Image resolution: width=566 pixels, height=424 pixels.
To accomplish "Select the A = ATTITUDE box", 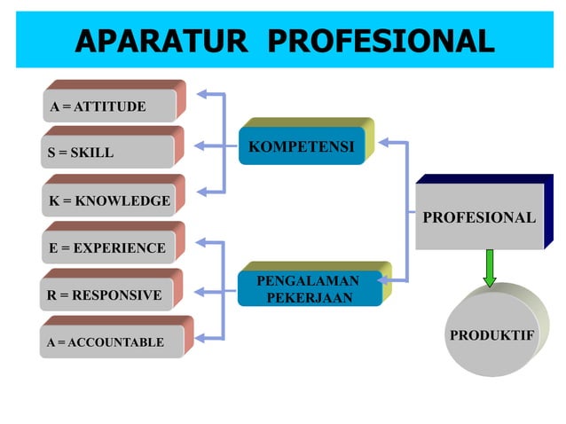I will (x=106, y=106).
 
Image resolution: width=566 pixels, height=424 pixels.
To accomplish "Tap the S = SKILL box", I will (x=106, y=153).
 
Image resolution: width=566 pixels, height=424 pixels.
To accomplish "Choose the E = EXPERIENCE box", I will (x=106, y=247).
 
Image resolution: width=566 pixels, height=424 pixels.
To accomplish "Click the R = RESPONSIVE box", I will (x=106, y=294).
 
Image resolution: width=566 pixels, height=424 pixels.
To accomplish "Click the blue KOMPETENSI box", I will (x=302, y=145).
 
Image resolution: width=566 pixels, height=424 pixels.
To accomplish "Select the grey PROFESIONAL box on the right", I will (x=479, y=217).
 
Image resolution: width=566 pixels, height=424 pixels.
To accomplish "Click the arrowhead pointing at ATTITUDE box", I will (x=202, y=92).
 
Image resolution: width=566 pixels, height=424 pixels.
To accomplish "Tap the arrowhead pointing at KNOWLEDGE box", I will (x=202, y=191).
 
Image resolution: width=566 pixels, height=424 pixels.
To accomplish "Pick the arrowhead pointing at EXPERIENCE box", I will (x=202, y=241).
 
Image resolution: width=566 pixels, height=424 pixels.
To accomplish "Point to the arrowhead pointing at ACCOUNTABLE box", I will (x=202, y=336).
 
